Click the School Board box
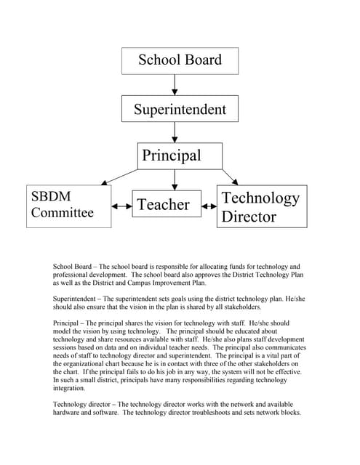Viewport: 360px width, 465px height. click(180, 60)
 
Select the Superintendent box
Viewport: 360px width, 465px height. click(180, 110)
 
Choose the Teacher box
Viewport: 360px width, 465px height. click(163, 205)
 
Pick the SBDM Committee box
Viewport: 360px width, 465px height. click(68, 206)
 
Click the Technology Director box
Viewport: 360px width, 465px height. click(263, 206)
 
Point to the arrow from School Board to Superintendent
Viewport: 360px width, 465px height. click(175, 85)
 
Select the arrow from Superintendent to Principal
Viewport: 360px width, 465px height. click(175, 132)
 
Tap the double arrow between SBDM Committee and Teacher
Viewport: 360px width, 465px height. click(121, 206)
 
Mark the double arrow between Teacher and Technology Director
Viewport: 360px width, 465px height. click(209, 206)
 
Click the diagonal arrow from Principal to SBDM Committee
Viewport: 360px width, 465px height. click(120, 175)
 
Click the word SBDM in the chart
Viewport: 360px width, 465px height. click(51, 197)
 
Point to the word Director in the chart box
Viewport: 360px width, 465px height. click(249, 217)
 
